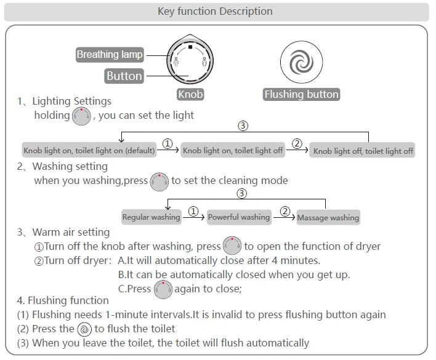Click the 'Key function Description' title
pyautogui.click(x=215, y=11)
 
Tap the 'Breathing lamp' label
pyautogui.click(x=110, y=55)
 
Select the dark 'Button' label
pyautogui.click(x=124, y=76)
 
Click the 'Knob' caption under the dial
pyautogui.click(x=190, y=94)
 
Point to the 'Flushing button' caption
pyautogui.click(x=301, y=94)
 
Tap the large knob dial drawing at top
pyautogui.click(x=190, y=61)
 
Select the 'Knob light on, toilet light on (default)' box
pyautogui.click(x=89, y=151)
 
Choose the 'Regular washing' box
pyautogui.click(x=151, y=217)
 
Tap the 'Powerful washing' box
pyautogui.click(x=239, y=217)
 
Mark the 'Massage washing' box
pyautogui.click(x=328, y=217)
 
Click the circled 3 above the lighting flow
pyautogui.click(x=243, y=126)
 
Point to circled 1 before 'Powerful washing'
pyautogui.click(x=193, y=212)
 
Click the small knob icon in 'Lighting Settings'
pyautogui.click(x=81, y=116)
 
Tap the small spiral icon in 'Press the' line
pyautogui.click(x=84, y=329)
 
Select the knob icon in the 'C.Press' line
pyautogui.click(x=163, y=289)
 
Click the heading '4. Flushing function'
pyautogui.click(x=63, y=300)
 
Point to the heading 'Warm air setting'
pyautogui.click(x=71, y=232)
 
